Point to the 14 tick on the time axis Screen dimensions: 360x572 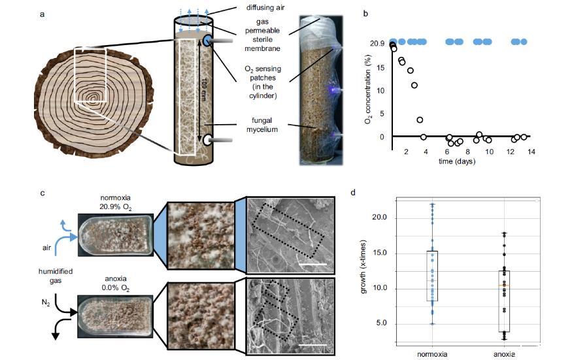point(531,152)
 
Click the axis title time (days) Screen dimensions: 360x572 point(456,161)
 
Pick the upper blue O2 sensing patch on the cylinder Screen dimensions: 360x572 point(207,41)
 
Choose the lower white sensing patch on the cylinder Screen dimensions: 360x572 point(207,139)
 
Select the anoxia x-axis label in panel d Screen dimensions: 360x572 point(501,353)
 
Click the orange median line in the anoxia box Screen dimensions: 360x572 point(502,286)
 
